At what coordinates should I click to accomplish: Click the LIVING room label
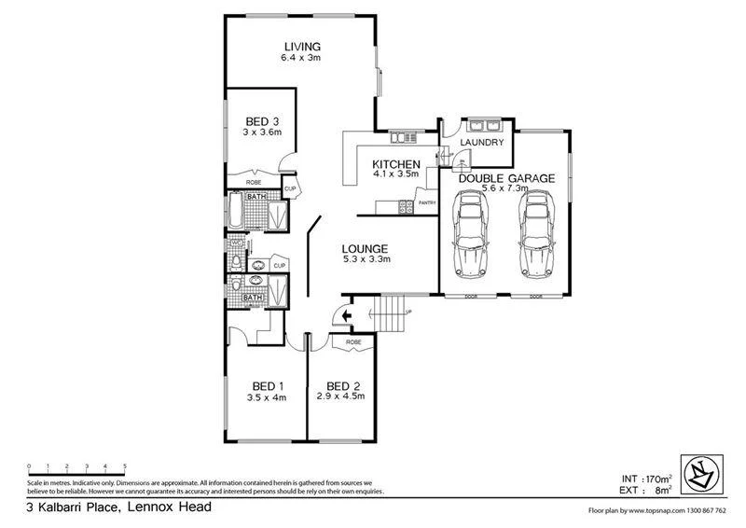pos(302,47)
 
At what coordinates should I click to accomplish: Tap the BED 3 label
pos(262,121)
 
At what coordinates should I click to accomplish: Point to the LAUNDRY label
pos(482,143)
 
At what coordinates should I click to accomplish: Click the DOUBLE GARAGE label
pos(506,178)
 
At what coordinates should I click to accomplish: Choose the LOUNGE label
pos(365,248)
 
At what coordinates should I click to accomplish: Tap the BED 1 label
pos(268,386)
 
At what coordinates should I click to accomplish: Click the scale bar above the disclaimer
pos(76,467)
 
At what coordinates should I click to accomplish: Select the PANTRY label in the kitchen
pos(427,202)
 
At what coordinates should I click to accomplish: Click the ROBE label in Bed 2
pos(352,342)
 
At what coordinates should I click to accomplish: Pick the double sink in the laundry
pos(485,124)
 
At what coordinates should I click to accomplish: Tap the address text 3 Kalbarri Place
pos(118,507)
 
